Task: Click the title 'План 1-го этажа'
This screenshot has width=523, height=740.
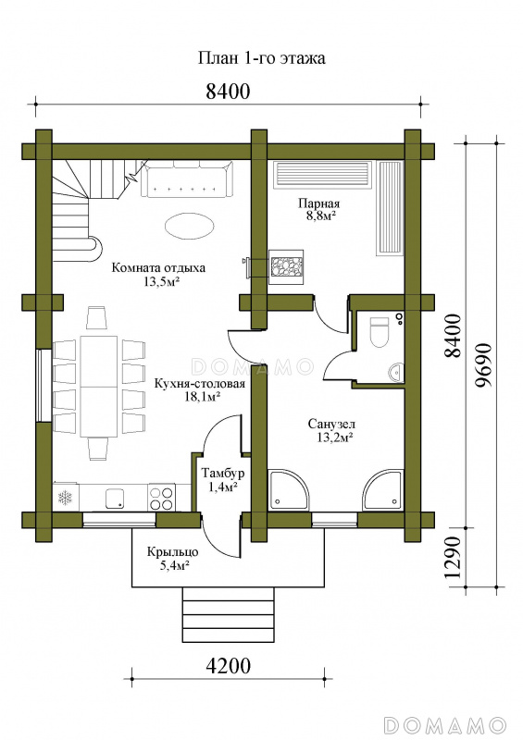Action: [x=261, y=58]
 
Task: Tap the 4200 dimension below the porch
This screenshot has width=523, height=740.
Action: [x=229, y=666]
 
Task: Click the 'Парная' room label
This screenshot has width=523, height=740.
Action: [x=319, y=203]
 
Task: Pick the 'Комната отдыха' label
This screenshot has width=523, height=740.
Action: [x=158, y=268]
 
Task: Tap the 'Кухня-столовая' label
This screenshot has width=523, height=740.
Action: [x=200, y=383]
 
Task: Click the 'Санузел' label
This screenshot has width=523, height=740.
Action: [x=331, y=424]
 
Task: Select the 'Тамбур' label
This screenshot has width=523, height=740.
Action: [x=223, y=473]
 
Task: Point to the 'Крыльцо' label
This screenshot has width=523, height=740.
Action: [x=172, y=551]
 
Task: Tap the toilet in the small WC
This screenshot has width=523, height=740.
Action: [x=379, y=332]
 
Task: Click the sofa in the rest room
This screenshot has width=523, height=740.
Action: [x=187, y=179]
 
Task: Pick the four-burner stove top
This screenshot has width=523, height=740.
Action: [x=162, y=498]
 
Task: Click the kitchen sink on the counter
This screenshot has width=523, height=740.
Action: [x=115, y=499]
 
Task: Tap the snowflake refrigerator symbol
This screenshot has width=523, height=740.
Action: [x=64, y=497]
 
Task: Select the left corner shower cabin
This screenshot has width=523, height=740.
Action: [x=287, y=490]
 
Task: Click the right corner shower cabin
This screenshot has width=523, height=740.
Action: [x=383, y=490]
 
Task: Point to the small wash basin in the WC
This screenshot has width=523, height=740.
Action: [x=396, y=373]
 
